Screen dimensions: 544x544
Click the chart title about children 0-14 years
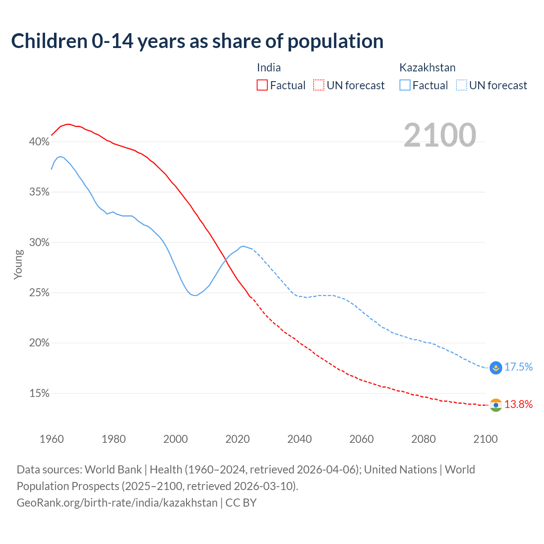pos(197,41)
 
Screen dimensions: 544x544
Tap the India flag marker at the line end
pos(496,405)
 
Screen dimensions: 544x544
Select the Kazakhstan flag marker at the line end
pos(496,368)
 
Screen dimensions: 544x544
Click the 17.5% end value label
pos(518,367)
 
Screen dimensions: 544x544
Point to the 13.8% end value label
pos(518,405)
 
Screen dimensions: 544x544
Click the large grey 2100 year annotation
pos(439,135)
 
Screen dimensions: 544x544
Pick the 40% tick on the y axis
pos(39,142)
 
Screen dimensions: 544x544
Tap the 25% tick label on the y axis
pos(39,293)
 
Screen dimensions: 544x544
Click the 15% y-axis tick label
pos(39,394)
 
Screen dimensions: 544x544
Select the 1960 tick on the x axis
pos(51,439)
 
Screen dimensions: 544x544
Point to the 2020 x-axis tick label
pos(237,439)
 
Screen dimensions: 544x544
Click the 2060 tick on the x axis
pos(361,439)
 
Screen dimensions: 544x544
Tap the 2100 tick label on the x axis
pos(485,439)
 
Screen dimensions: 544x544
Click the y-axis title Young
pos(18,264)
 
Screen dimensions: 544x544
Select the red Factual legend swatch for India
pos(262,85)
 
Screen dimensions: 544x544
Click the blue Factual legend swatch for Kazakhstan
pos(405,85)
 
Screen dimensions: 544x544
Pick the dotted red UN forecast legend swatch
pos(319,85)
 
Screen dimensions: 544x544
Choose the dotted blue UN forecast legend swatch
pos(461,85)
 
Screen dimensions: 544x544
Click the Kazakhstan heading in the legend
pos(427,68)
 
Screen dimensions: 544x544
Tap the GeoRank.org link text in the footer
pos(117,503)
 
